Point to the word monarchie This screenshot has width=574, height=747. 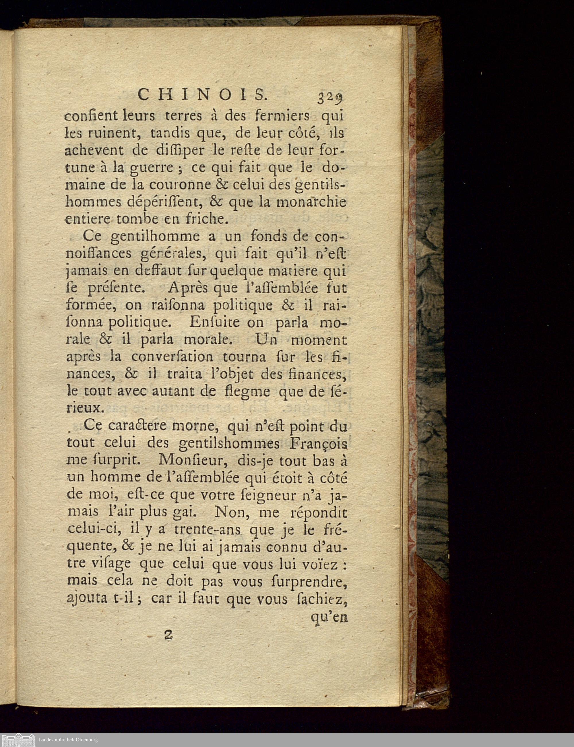[311, 203]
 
